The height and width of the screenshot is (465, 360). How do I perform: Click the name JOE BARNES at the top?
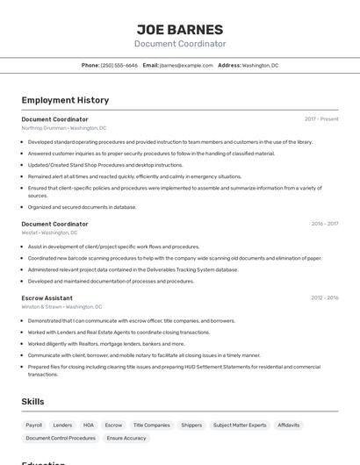pos(180,30)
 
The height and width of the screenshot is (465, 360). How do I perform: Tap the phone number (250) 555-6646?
pos(119,65)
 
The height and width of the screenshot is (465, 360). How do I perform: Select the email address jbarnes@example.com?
pos(186,65)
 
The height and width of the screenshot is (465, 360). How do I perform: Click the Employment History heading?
pos(65,100)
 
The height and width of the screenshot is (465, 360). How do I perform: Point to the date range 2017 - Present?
pos(321,118)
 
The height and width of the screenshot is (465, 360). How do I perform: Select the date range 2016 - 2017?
pos(325,224)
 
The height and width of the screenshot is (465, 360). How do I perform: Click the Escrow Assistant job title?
pos(47,297)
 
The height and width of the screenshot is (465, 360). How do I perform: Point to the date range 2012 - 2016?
pos(325,297)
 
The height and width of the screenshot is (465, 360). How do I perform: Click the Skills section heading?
pos(32,402)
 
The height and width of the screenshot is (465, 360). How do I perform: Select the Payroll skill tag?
pos(34,425)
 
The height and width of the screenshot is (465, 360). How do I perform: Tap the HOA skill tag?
pos(89,425)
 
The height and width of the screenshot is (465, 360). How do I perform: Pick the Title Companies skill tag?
pos(151,425)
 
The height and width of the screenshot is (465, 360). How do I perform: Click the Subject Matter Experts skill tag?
pos(240,425)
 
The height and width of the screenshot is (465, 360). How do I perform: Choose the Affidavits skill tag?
pos(289,425)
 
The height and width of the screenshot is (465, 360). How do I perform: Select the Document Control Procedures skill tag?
pos(61,438)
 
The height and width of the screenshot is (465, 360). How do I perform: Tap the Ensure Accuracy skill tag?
pos(126,438)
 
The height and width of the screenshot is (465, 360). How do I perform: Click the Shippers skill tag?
pos(191,425)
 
